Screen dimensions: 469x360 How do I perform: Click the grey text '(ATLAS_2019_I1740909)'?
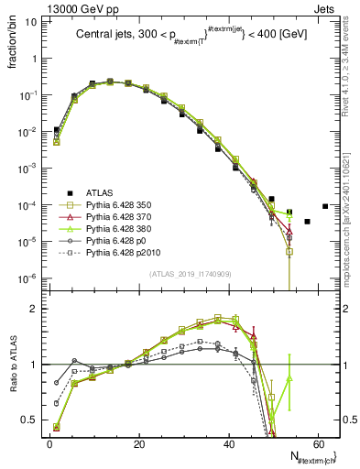point(190,274)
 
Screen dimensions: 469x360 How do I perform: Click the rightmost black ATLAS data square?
point(325,206)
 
